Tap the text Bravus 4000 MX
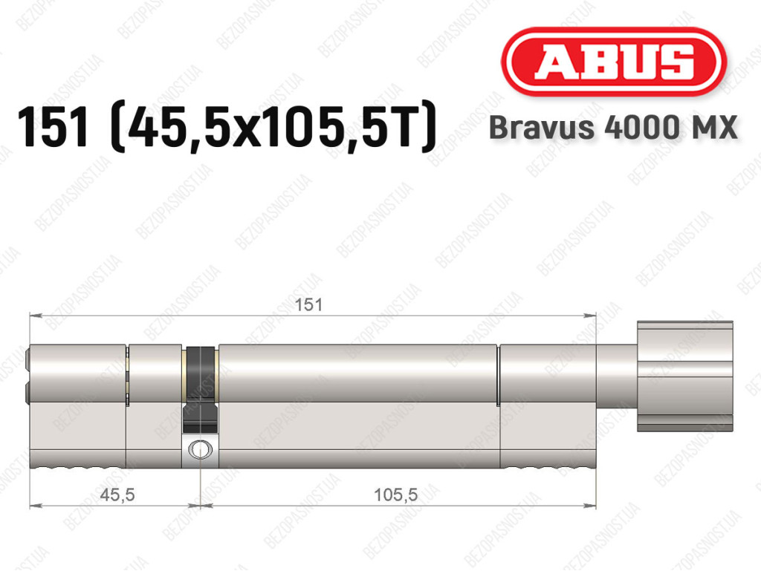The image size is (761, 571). tap(613, 128)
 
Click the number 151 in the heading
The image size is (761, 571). tap(54, 127)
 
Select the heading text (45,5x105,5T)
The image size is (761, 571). tap(273, 127)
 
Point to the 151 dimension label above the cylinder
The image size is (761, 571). tap(308, 305)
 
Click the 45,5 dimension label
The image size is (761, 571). tap(117, 495)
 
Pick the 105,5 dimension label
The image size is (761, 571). tap(395, 495)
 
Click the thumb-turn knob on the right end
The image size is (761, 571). tap(684, 376)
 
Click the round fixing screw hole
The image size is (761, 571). tap(200, 449)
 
